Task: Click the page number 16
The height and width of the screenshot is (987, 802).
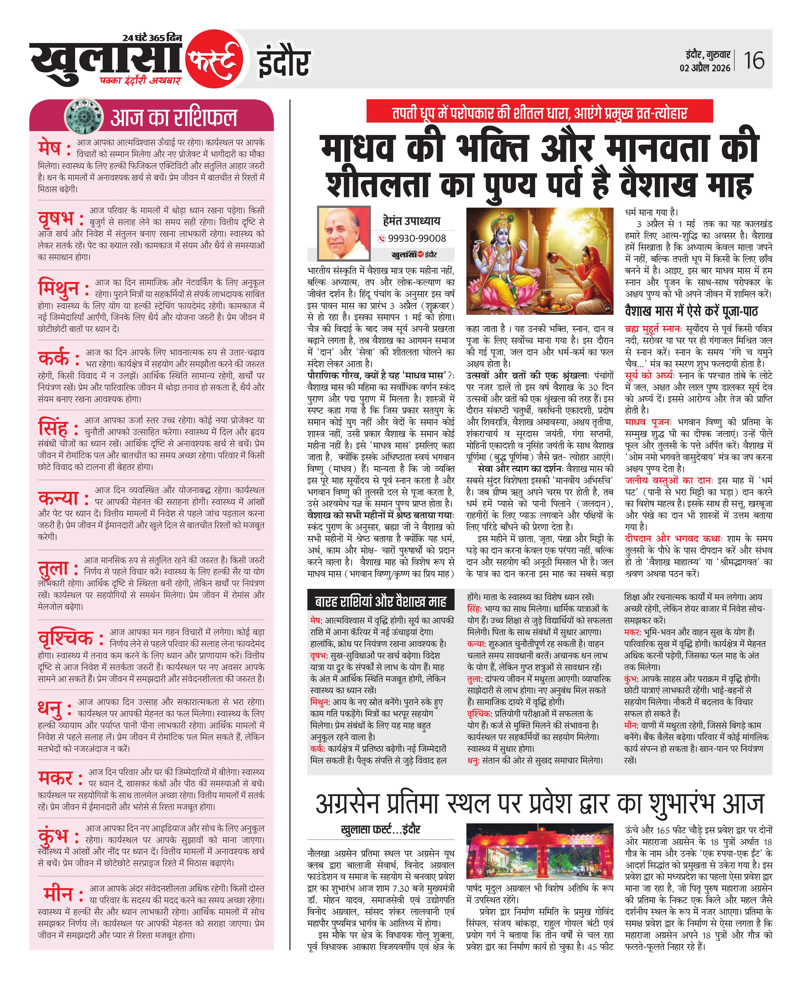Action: point(754,60)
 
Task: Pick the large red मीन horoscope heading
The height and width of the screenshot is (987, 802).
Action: point(59,894)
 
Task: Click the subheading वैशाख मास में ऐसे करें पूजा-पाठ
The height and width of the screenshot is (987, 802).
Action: point(691,311)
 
